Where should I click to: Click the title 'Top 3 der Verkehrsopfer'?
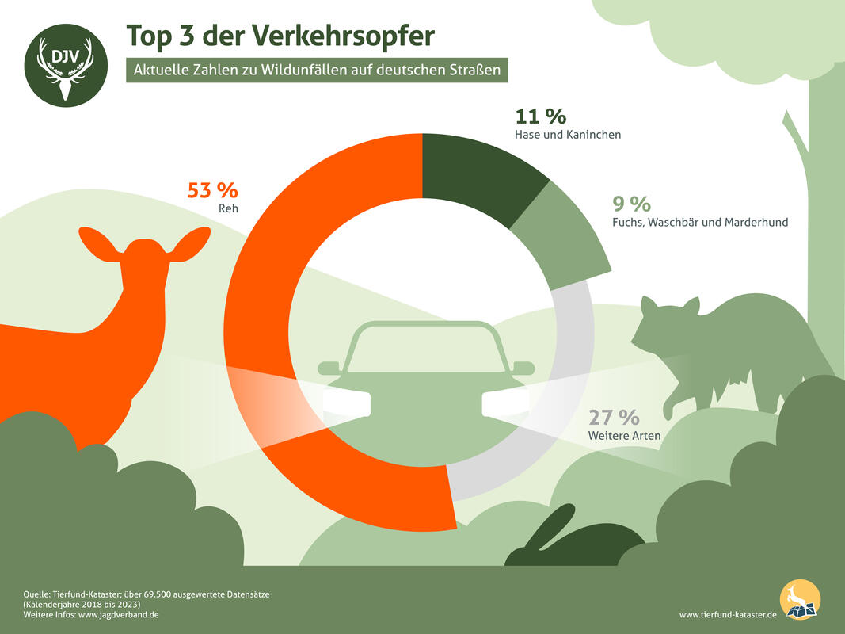point(280,35)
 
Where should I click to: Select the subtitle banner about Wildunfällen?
point(316,70)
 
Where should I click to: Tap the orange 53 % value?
point(212,190)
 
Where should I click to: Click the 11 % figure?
point(540,116)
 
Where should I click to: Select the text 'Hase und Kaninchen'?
point(567,135)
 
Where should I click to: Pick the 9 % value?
point(631,204)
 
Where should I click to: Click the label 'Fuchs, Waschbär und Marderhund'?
point(700,222)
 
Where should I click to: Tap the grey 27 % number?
point(613,417)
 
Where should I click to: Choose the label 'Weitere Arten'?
point(624,436)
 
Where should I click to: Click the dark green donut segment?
point(475,174)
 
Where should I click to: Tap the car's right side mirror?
point(524,368)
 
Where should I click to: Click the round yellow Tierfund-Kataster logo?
point(800,600)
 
